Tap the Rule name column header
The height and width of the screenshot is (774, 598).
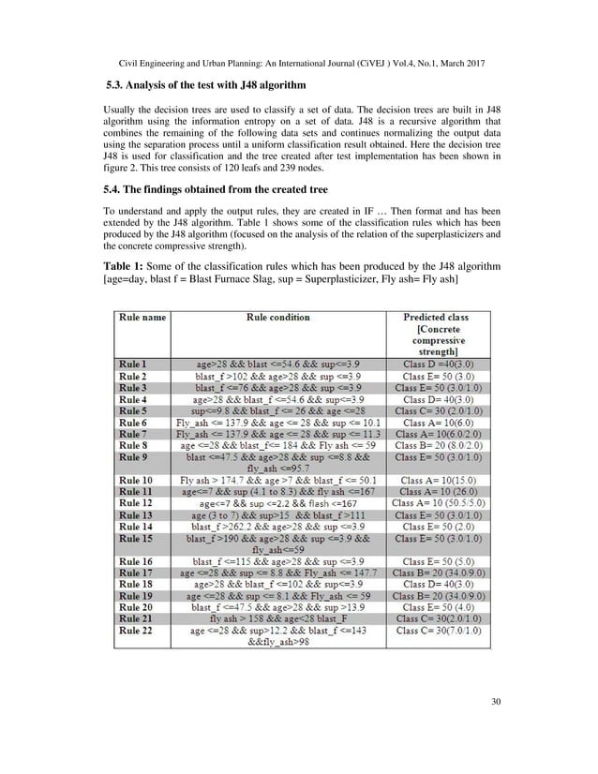[142, 318]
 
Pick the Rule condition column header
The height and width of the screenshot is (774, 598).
[277, 318]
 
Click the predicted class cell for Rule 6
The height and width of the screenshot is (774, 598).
[440, 423]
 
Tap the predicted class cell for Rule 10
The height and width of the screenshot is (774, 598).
[440, 480]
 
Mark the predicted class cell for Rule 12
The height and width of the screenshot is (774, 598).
[440, 503]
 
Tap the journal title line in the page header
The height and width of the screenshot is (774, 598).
[299, 54]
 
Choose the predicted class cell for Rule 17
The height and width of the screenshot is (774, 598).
[440, 573]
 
